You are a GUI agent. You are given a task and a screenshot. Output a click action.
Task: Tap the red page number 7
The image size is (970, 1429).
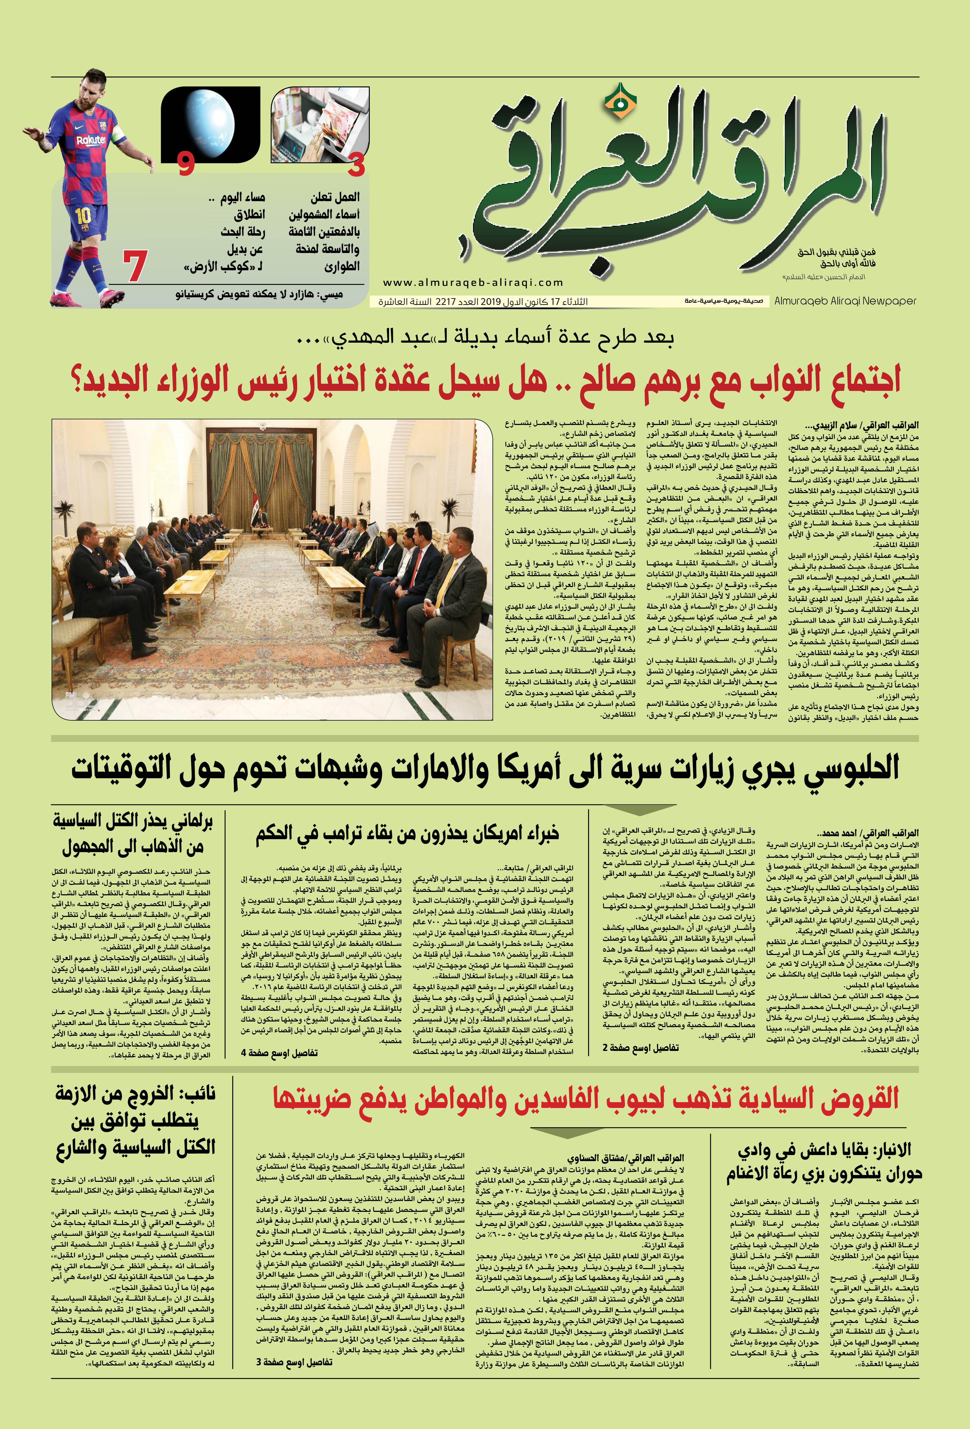tap(135, 266)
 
